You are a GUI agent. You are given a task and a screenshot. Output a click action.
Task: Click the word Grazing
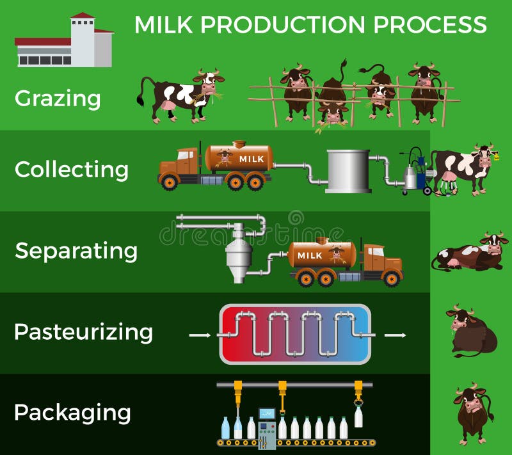coord(58,99)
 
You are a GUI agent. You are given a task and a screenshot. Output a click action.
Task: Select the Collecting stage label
coord(71,170)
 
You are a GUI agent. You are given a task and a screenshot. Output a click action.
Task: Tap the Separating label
coord(76,250)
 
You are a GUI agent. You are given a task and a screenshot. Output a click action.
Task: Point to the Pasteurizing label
coord(83,332)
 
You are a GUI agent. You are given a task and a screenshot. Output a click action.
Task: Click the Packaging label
coord(72,412)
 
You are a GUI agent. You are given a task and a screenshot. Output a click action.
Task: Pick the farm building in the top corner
coord(64,42)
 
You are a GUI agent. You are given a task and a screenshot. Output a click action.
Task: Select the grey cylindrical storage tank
coord(348,170)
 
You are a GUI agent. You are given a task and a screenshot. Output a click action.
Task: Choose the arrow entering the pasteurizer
coord(200,335)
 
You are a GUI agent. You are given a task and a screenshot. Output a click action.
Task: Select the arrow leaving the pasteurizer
coord(394,335)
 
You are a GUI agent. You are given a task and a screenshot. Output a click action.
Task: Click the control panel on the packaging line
coord(266,425)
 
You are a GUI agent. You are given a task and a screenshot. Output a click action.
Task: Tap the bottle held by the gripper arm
coord(358,416)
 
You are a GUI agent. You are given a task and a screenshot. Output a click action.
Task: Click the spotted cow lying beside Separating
coord(470,254)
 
